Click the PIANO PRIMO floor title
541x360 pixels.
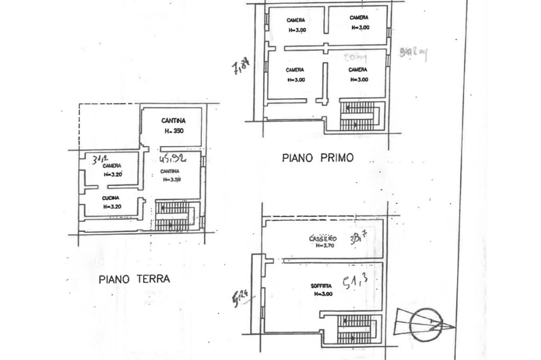pos(317,157)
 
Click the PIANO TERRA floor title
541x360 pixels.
pos(134,279)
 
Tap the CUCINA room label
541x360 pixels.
pos(111,198)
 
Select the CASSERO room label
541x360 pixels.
pos(322,239)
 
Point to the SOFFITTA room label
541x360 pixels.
pos(321,287)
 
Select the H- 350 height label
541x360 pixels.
pos(173,131)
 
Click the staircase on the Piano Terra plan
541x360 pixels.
pos(174,217)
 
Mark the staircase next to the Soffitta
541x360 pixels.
pos(357,329)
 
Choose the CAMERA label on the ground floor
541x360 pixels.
pos(112,166)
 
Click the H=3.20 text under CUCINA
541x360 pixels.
pos(112,206)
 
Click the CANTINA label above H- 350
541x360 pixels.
pos(173,121)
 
